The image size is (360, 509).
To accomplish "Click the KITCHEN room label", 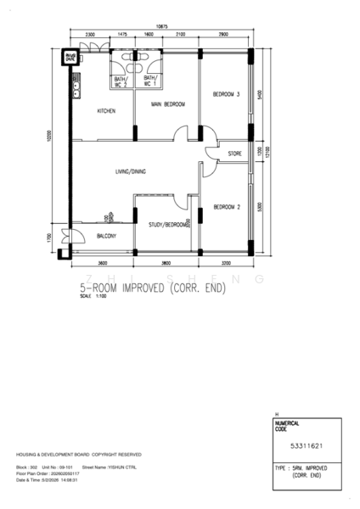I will (x=106, y=111).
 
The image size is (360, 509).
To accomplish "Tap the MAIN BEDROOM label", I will (x=168, y=104).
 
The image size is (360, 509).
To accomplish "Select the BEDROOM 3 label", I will (x=226, y=94).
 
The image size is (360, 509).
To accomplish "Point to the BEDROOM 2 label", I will (x=226, y=206).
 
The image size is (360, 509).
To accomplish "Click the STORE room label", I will (x=235, y=154).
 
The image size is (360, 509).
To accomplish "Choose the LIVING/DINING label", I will (x=131, y=172).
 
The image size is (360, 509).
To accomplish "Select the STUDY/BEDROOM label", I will (x=167, y=225).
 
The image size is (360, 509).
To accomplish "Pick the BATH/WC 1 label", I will (x=151, y=81).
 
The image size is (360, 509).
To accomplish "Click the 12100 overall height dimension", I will (x=268, y=153).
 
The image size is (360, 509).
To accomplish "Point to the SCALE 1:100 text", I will (x=88, y=297).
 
